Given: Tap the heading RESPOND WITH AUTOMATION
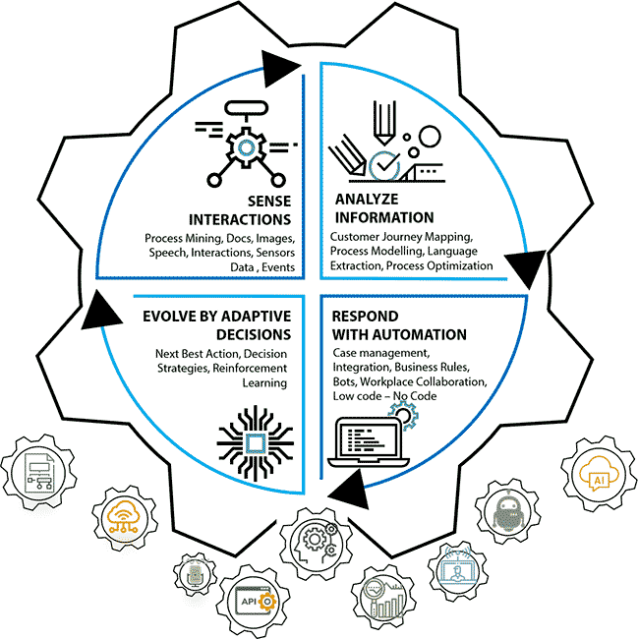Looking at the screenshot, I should [x=385, y=326].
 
